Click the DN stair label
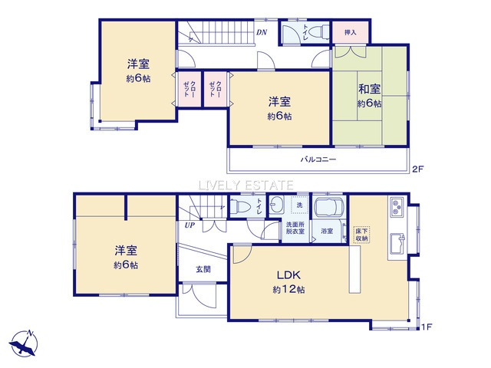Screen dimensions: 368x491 (261, 32)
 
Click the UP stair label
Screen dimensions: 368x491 (188, 225)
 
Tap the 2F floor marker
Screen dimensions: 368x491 (417, 169)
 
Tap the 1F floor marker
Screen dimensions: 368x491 (426, 328)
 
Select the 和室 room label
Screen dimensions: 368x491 (369, 88)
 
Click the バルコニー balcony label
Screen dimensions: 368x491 (318, 159)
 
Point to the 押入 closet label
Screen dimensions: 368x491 (351, 33)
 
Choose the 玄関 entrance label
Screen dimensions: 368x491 (203, 269)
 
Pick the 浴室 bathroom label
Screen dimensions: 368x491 (328, 231)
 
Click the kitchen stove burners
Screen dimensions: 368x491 (398, 207)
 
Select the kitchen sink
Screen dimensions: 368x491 (397, 242)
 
